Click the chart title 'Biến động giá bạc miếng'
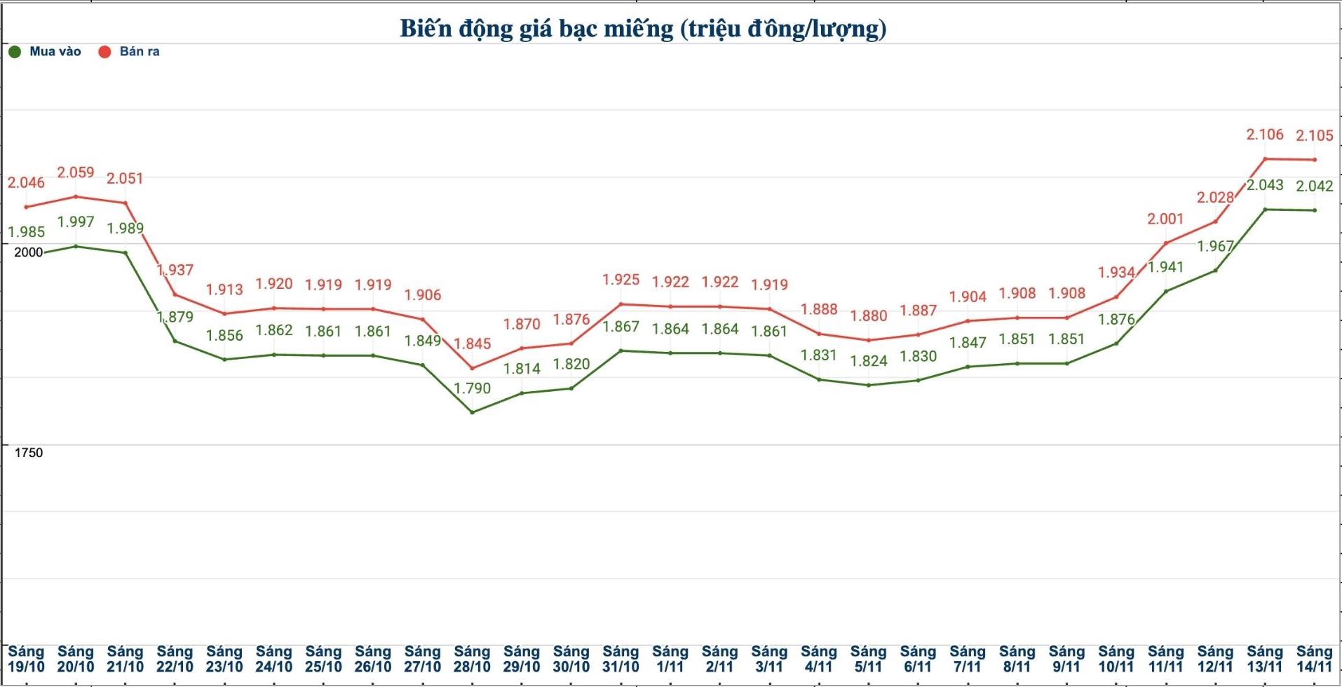642,29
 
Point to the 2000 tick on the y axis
29,252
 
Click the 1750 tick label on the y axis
29,453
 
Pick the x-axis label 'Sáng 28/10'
472,660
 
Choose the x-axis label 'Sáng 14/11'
1314,660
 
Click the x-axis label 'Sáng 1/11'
670,660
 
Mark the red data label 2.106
1265,134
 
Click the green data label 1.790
472,388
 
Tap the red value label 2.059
76,172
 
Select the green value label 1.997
76,222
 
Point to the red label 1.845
472,343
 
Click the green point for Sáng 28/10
472,412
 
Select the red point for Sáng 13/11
1265,158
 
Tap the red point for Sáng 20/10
76,196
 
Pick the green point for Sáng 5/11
868,385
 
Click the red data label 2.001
1165,219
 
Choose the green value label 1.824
868,361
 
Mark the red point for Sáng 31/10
621,304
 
